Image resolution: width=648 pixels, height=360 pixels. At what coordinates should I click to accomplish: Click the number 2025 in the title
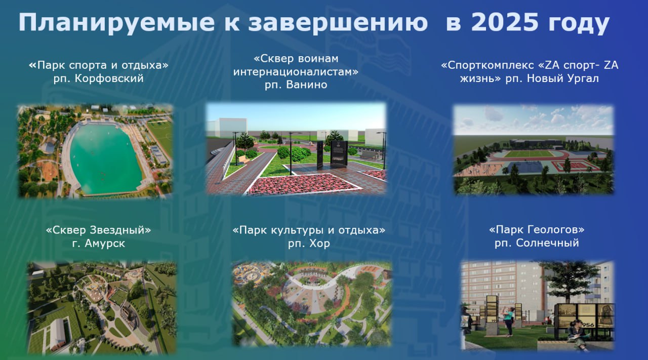[x=505, y=22]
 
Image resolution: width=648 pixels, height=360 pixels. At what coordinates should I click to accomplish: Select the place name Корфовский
[x=109, y=78]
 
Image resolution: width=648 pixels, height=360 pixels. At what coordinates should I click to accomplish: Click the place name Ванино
[x=307, y=85]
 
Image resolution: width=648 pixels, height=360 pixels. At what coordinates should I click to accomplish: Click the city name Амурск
[x=105, y=244]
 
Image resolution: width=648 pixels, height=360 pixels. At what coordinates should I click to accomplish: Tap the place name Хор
[x=319, y=244]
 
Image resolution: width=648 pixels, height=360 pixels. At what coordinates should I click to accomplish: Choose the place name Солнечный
[x=547, y=243]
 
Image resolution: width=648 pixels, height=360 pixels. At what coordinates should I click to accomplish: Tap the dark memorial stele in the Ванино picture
[x=339, y=153]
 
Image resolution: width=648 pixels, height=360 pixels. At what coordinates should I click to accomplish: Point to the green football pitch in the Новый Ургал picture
[x=528, y=153]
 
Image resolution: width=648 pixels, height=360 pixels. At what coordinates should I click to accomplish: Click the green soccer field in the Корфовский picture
[x=161, y=134]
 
